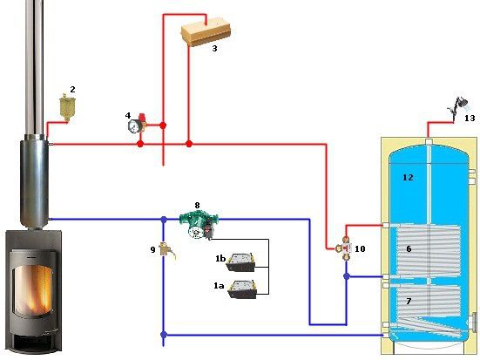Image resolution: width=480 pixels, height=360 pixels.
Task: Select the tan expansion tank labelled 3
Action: (x=206, y=34)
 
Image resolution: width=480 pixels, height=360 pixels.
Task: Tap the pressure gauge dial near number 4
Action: (x=134, y=126)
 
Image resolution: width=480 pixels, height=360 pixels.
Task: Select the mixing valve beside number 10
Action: (x=345, y=248)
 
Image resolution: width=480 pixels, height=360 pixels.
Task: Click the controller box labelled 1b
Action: (x=241, y=262)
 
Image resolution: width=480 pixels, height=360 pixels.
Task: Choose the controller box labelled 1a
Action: (x=242, y=289)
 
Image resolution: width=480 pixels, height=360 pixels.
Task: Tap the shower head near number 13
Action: (x=459, y=107)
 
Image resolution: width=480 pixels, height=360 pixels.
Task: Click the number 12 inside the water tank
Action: (x=408, y=178)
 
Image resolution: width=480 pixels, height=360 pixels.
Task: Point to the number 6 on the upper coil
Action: (x=409, y=248)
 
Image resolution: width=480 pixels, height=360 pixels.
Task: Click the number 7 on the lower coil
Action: (x=409, y=302)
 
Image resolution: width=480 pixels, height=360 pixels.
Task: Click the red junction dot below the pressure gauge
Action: (x=140, y=144)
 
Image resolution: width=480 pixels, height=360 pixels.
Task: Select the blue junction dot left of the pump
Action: (x=164, y=220)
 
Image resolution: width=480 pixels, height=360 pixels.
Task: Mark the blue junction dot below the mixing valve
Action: (x=347, y=276)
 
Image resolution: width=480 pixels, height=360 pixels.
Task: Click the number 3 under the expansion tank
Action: (x=214, y=49)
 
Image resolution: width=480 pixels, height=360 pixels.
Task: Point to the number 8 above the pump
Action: (x=198, y=205)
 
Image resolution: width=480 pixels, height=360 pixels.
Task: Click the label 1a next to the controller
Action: (x=219, y=286)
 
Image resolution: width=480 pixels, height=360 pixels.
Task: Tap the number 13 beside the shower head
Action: (x=470, y=118)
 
